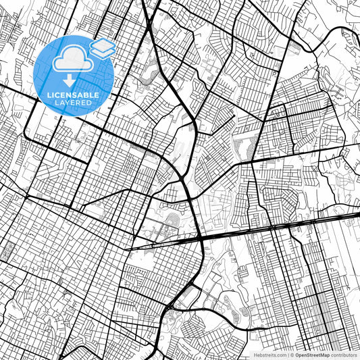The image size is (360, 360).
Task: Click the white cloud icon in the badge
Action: click(70, 60)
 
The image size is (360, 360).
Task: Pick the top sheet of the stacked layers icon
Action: click(103, 45)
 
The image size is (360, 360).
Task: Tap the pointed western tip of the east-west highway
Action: click(126, 250)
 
